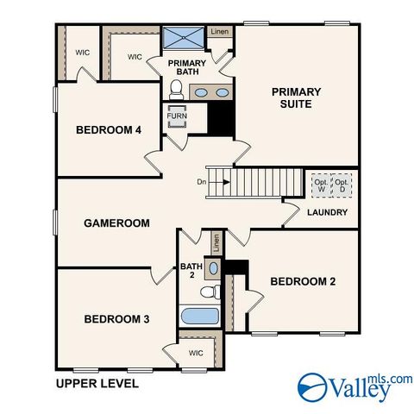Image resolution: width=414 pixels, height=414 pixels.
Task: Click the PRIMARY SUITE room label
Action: click(x=296, y=97)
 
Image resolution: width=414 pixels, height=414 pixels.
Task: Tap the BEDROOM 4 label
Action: click(x=109, y=130)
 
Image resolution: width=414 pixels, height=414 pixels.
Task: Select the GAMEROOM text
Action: click(x=116, y=223)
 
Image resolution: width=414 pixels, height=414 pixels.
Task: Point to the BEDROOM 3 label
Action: click(x=116, y=319)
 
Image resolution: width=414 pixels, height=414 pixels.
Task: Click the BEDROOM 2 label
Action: click(x=303, y=281)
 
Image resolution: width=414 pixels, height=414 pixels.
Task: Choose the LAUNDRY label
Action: click(x=328, y=212)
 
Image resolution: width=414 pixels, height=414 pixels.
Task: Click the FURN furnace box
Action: click(x=178, y=116)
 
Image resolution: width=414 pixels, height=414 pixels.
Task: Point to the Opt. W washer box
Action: click(x=321, y=185)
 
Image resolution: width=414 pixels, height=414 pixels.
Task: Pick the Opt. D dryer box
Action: click(x=342, y=185)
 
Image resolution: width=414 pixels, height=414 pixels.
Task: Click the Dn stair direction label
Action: click(x=201, y=182)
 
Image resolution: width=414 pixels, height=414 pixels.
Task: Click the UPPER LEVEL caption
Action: click(x=96, y=382)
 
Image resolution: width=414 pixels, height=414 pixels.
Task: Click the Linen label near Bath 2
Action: click(x=216, y=243)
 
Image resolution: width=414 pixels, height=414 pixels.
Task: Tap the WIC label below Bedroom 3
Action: click(x=196, y=352)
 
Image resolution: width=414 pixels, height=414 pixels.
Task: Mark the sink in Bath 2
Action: click(x=214, y=269)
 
